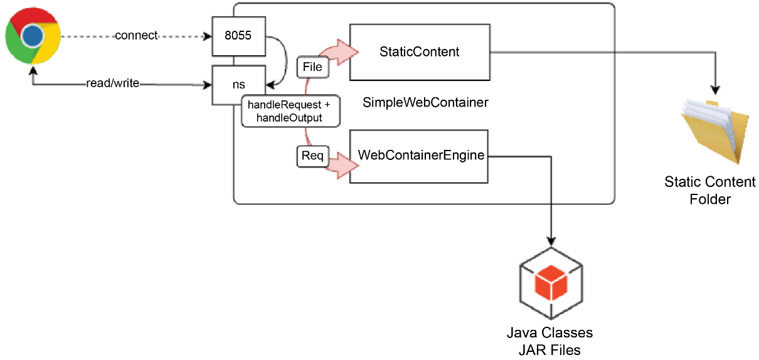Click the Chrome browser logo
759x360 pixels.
point(33,36)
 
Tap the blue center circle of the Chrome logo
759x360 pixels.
point(33,36)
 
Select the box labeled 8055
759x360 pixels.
point(239,36)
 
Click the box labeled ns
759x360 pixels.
point(239,85)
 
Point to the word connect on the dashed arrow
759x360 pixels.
point(136,35)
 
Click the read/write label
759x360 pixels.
point(113,83)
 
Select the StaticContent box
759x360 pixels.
point(420,52)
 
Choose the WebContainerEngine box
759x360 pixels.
point(419,156)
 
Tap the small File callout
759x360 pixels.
point(313,67)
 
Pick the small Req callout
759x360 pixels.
point(313,156)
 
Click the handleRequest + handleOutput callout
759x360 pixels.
point(290,111)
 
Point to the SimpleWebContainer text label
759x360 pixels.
point(425,103)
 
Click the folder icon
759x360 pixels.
point(716,132)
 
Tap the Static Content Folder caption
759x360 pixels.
point(710,190)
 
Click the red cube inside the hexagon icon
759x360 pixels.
point(551,282)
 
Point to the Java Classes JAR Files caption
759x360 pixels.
point(550,341)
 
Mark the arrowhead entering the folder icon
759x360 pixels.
point(715,90)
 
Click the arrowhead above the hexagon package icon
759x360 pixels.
point(551,241)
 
